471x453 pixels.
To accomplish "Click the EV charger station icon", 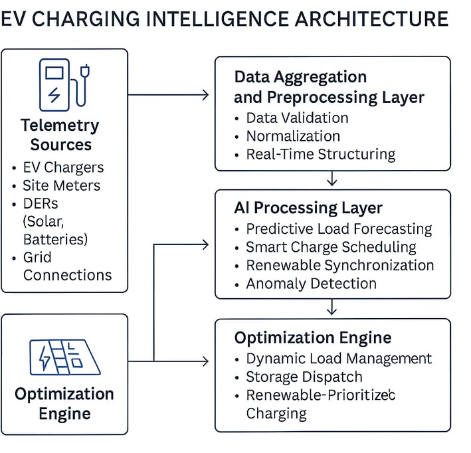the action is click(x=64, y=85).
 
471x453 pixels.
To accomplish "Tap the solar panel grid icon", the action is click(x=65, y=357).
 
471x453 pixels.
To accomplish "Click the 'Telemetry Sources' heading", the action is click(x=60, y=135).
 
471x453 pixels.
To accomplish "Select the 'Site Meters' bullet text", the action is click(x=62, y=185).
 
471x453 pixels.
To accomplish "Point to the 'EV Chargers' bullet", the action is click(x=63, y=167).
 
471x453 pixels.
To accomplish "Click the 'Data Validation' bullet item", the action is click(x=298, y=118).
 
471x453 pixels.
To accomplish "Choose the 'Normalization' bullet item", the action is click(x=293, y=136).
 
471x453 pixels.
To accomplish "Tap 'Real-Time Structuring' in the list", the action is click(x=321, y=154).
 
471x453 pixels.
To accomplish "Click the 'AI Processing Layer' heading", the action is click(x=308, y=208).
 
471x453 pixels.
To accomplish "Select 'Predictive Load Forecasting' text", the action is click(x=339, y=229).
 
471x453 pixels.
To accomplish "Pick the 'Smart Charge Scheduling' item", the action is click(x=331, y=247).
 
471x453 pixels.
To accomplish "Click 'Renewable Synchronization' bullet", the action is click(x=340, y=265).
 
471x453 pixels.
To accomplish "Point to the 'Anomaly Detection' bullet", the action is click(x=311, y=284).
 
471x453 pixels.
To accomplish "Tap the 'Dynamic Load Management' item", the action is click(x=339, y=359).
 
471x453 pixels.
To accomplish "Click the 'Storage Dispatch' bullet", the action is click(x=304, y=377).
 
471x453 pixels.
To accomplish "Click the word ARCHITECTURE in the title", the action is click(x=371, y=19).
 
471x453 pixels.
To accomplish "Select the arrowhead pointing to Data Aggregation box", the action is click(x=205, y=95).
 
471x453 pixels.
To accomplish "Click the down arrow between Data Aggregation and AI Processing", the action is click(x=331, y=179).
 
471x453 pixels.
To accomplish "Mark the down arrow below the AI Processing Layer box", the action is click(x=331, y=307).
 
